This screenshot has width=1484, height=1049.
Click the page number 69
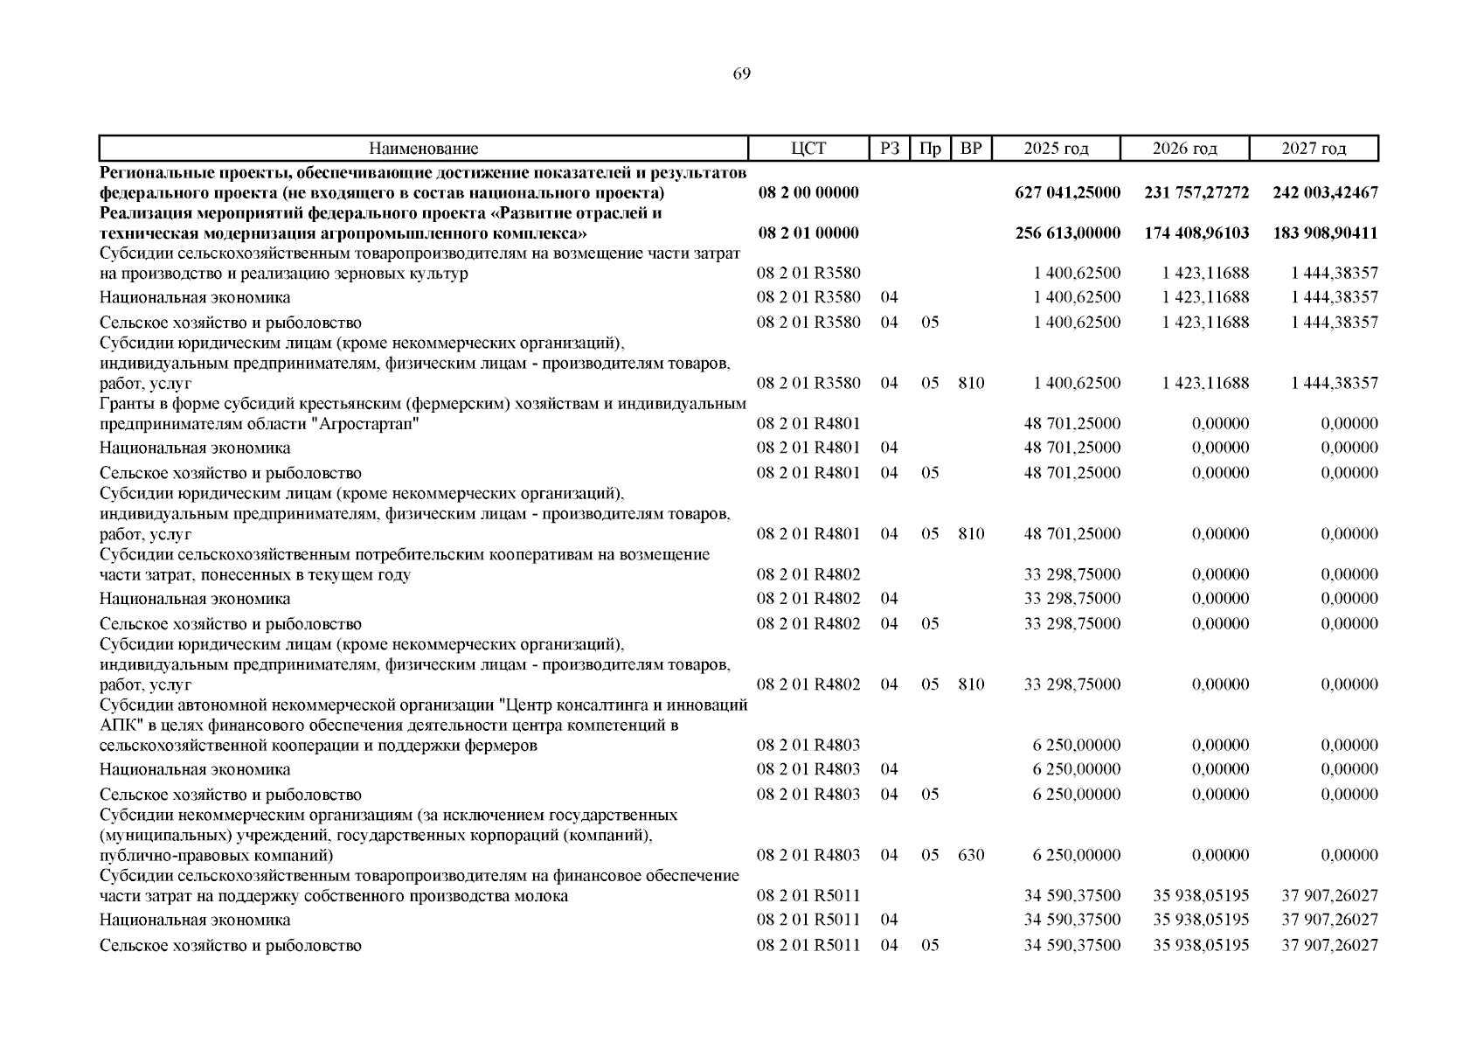pyautogui.click(x=741, y=74)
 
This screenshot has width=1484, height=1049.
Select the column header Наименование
pyautogui.click(x=423, y=149)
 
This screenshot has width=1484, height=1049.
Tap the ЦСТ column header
pyautogui.click(x=808, y=149)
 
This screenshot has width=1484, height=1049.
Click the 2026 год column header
pyautogui.click(x=1184, y=149)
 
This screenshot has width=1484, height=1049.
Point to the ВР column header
pyautogui.click(x=971, y=149)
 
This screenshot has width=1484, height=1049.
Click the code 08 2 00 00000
pyautogui.click(x=808, y=192)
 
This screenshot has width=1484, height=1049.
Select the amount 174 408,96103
pyautogui.click(x=1196, y=233)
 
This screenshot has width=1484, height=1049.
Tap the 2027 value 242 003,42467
pyautogui.click(x=1325, y=192)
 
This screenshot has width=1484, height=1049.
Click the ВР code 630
pyautogui.click(x=971, y=855)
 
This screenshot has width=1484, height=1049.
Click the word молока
pyautogui.click(x=542, y=896)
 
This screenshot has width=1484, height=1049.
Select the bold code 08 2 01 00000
pyautogui.click(x=808, y=233)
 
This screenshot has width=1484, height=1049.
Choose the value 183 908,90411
pyautogui.click(x=1325, y=233)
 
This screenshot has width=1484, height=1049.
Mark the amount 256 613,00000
pyautogui.click(x=1067, y=233)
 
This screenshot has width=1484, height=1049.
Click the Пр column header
pyautogui.click(x=930, y=149)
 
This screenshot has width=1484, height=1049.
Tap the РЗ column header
pyautogui.click(x=889, y=149)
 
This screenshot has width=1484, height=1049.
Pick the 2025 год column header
pyautogui.click(x=1056, y=149)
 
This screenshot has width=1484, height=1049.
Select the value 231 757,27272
pyautogui.click(x=1196, y=192)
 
